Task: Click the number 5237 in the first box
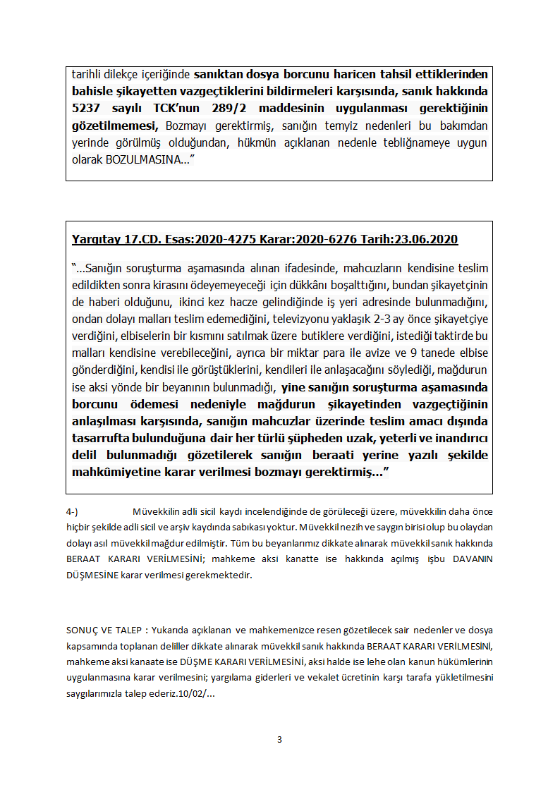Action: (87, 109)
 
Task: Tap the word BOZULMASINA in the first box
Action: (140, 159)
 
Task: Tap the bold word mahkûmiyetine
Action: (112, 472)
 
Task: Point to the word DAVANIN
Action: (472, 559)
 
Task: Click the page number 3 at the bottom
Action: (279, 740)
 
